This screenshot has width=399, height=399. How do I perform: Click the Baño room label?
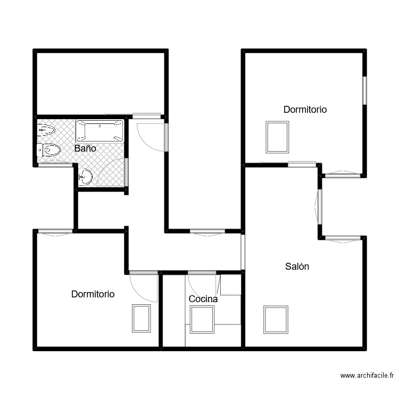click(x=85, y=149)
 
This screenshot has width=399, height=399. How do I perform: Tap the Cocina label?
click(x=203, y=299)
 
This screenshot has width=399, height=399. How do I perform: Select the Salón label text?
click(x=297, y=267)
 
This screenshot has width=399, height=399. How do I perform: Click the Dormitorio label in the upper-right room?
click(x=305, y=110)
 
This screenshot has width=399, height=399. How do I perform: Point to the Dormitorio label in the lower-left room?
click(x=93, y=294)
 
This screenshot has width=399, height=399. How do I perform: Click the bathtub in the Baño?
click(x=99, y=131)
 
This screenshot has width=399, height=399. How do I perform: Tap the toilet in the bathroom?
click(x=49, y=150)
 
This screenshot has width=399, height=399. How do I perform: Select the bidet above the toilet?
click(x=46, y=130)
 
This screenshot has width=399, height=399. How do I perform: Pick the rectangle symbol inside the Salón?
click(x=276, y=319)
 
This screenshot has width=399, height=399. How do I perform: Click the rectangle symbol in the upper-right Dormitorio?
click(x=277, y=137)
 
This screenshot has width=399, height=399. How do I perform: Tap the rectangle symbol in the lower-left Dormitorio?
click(x=142, y=318)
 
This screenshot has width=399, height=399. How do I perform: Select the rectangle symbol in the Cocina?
click(x=202, y=319)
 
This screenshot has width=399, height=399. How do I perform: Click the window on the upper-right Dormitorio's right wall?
click(x=365, y=90)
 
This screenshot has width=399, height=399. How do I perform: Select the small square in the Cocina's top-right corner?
click(x=231, y=285)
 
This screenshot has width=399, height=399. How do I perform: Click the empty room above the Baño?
click(x=100, y=82)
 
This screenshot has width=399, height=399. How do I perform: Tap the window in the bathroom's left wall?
click(x=55, y=165)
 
